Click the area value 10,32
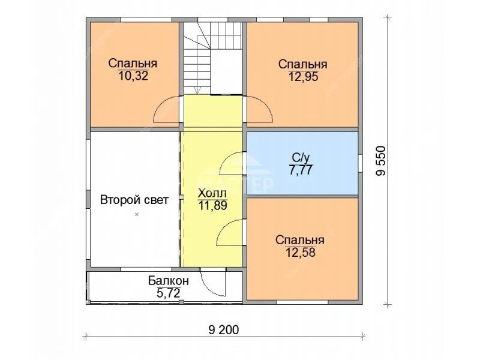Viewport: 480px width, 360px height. coord(133,76)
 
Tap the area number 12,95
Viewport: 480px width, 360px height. coord(304,76)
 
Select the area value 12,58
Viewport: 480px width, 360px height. coord(301,252)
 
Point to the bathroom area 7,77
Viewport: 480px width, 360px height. coord(301,170)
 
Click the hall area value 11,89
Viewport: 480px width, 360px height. coord(213,206)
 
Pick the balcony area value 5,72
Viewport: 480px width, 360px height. coord(169,293)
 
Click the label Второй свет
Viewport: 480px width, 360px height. coord(134,200)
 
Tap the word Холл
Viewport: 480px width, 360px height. coord(212,193)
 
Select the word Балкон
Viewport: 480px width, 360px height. coord(169,280)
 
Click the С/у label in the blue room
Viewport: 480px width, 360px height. coord(301,158)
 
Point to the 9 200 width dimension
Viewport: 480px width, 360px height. coord(224,329)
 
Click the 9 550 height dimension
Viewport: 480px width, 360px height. coord(381,161)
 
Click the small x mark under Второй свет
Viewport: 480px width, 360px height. coord(137,214)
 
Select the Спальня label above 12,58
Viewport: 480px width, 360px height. coord(300,240)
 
